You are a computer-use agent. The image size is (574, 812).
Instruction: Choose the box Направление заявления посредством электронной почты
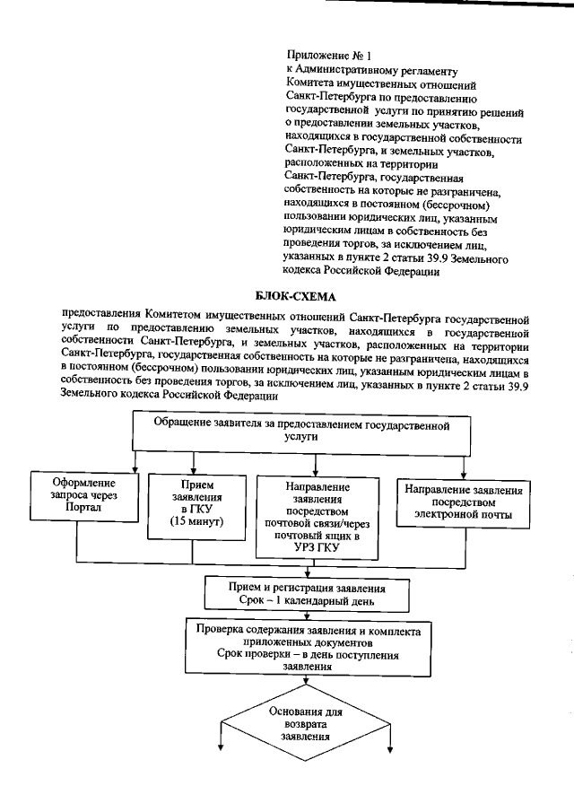tap(464, 502)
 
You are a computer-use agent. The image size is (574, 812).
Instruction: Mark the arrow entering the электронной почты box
tap(464, 468)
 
